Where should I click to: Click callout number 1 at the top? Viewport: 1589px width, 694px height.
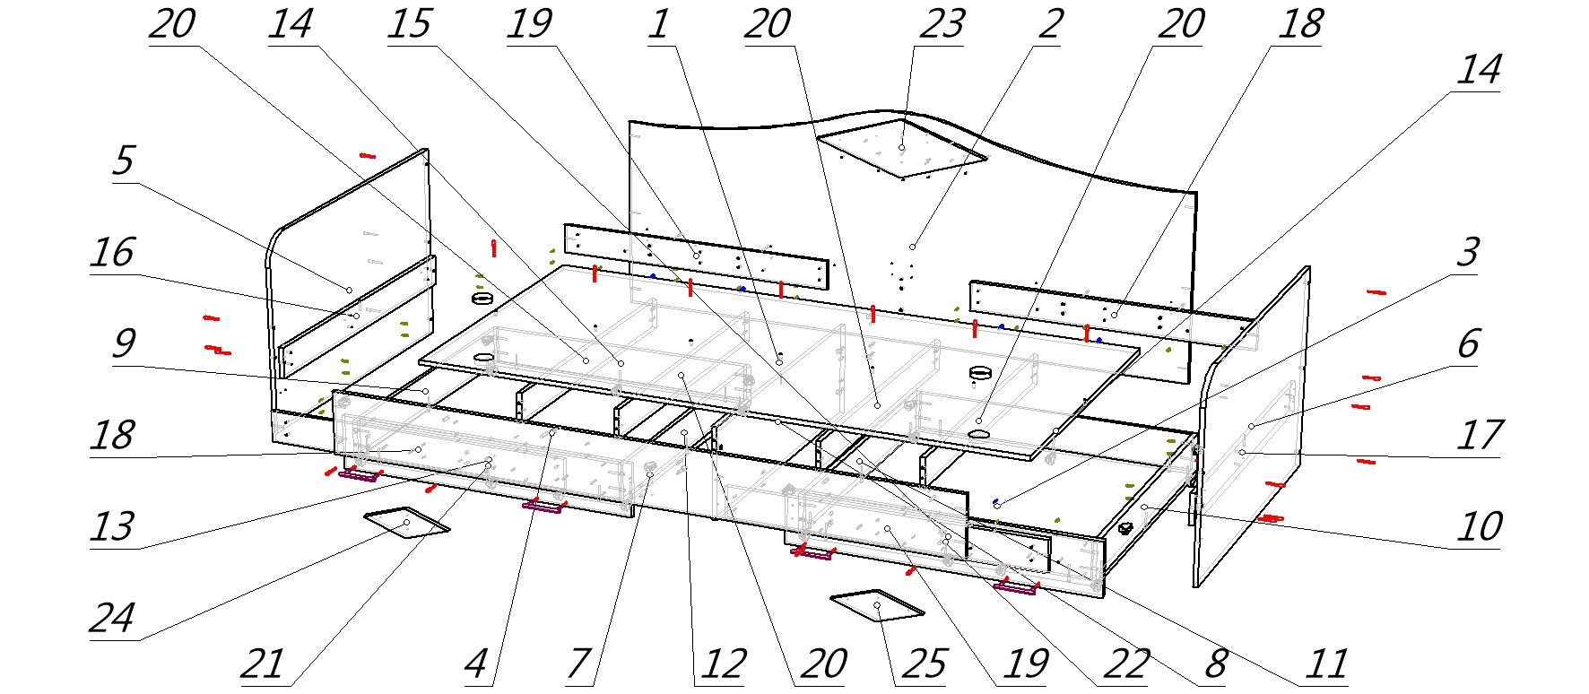658,25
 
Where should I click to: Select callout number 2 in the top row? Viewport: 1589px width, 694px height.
1050,25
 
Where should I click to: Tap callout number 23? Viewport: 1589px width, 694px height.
941,25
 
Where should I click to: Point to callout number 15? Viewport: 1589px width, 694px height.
410,25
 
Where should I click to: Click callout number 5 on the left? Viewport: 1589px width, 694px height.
123,161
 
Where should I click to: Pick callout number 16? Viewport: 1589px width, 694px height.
112,254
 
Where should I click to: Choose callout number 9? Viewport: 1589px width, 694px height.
123,343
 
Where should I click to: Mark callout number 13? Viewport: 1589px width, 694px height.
112,527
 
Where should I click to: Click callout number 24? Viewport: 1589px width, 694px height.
112,619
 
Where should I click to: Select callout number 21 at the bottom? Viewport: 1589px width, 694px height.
263,665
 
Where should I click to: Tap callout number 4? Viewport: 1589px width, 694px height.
476,665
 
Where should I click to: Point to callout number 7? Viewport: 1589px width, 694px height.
578,665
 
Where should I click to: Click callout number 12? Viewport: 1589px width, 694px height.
723,665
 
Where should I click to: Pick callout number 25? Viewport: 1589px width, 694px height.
925,665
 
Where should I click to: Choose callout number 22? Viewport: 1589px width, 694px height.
1125,665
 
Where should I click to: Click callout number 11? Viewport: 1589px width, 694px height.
1326,665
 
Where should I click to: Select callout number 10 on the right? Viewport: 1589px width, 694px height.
1479,527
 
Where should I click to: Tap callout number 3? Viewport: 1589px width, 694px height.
1467,254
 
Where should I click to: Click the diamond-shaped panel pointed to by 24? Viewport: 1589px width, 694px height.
406,521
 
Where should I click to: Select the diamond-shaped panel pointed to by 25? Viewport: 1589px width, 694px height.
877,606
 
